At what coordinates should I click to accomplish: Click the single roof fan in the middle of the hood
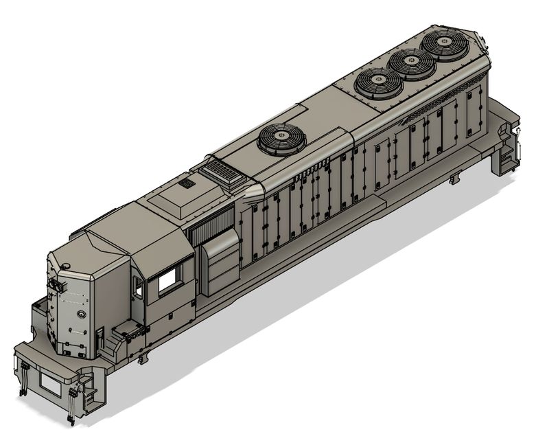click(281, 139)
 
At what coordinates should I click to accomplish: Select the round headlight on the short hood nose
click(82, 315)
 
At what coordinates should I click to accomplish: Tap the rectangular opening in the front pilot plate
click(49, 383)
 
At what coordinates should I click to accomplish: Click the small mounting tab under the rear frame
click(453, 179)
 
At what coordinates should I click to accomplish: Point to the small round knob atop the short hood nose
click(65, 266)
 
